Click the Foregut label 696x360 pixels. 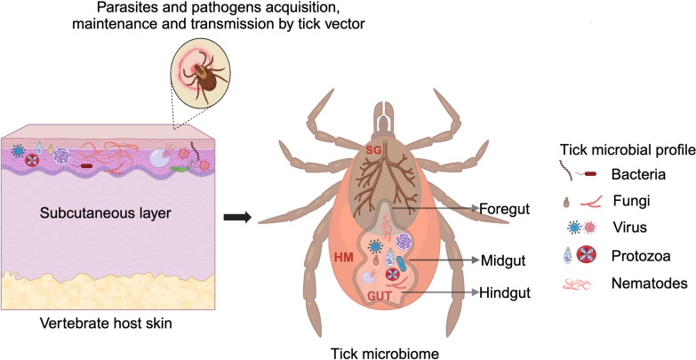[x=505, y=209]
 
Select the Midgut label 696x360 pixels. [x=503, y=260]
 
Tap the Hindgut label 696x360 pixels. [x=505, y=293]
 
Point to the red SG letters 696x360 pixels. [x=372, y=151]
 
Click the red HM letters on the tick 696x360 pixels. [x=345, y=257]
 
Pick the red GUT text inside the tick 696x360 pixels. [x=378, y=295]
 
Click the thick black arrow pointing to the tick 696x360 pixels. [x=237, y=217]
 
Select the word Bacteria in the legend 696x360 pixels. [x=639, y=174]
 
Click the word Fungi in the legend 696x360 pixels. [x=626, y=201]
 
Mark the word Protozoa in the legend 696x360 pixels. [x=636, y=256]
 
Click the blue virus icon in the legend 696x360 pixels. [x=574, y=228]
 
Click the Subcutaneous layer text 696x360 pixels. [x=105, y=213]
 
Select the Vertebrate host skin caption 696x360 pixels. [x=106, y=324]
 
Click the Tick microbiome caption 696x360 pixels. [x=385, y=354]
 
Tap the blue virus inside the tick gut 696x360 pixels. [x=376, y=245]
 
